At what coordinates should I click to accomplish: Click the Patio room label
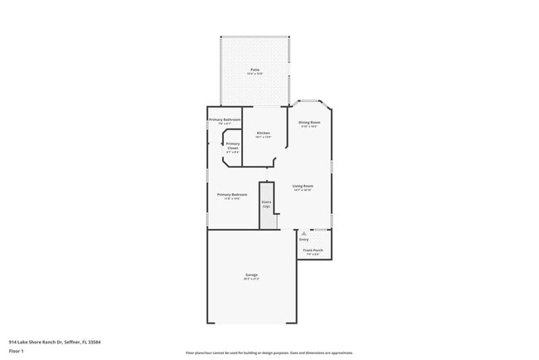tap(255, 70)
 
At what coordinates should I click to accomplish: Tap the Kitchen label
tap(263, 133)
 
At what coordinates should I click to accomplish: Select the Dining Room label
tap(309, 122)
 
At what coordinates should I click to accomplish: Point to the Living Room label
tap(303, 186)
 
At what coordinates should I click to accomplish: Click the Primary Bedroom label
tap(232, 194)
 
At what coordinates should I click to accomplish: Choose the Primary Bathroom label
tap(225, 119)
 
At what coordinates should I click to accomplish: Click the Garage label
tap(251, 275)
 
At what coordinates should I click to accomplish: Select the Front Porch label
tap(313, 250)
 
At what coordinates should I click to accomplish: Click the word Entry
tap(304, 240)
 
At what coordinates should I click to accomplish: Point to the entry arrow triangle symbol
tap(304, 234)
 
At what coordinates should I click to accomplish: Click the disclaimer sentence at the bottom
tap(269, 353)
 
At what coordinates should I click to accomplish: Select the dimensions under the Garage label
tap(251, 280)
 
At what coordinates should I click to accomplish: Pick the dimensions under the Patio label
tap(255, 75)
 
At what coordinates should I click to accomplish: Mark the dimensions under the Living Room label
tap(303, 191)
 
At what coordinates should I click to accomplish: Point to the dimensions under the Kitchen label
tap(263, 138)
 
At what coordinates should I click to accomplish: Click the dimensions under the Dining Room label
tap(309, 127)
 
